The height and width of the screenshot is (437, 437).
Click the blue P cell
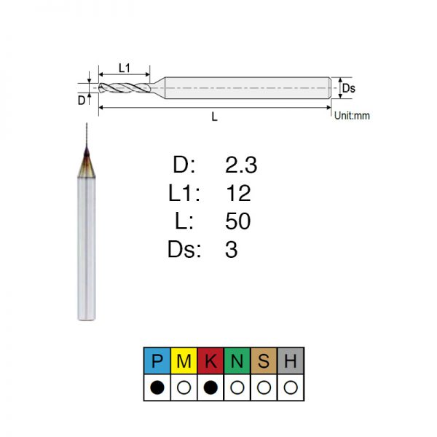pos(157,361)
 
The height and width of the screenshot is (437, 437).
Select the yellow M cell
pos(184,361)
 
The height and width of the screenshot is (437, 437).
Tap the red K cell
pos(210,361)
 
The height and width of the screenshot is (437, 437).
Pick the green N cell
pos(237,361)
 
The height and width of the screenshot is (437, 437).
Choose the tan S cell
pos(264,361)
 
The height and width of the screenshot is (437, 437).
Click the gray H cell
pos(291,361)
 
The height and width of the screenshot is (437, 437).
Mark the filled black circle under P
pos(157,387)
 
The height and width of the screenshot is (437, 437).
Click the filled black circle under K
pos(210,387)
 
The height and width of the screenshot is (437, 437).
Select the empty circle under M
pos(184,387)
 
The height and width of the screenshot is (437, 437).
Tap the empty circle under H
pos(291,387)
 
